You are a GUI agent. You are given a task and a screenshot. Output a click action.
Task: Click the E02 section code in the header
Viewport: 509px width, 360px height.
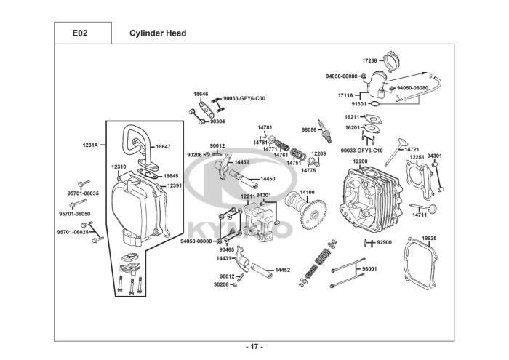coord(80,33)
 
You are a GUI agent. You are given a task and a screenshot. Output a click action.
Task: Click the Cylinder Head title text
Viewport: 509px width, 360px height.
coord(158,33)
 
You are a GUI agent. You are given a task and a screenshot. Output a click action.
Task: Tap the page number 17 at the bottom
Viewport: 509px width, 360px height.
coord(254,347)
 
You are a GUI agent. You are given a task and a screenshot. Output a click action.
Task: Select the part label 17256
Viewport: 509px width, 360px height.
coord(369,60)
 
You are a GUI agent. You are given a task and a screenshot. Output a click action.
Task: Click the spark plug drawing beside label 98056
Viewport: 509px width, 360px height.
coord(326,132)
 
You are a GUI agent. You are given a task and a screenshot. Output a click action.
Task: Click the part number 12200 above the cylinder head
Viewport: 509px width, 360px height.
coord(360,161)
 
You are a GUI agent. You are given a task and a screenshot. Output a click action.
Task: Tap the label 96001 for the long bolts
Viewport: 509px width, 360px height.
coord(369,269)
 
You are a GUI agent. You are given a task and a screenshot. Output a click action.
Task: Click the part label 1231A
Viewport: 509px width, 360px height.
coord(90,145)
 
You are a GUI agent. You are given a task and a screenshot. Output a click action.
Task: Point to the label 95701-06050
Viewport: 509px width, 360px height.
coord(75,214)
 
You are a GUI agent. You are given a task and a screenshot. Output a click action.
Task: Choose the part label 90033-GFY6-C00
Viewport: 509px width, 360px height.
coord(244,98)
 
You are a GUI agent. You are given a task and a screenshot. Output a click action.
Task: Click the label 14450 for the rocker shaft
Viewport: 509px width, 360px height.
coord(268,179)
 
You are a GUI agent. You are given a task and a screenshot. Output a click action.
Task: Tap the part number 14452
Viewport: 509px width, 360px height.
coord(283,270)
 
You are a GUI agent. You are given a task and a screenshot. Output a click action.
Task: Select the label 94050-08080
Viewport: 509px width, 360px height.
coord(196,241)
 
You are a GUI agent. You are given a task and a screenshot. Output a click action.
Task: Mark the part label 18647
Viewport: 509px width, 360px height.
coord(163,147)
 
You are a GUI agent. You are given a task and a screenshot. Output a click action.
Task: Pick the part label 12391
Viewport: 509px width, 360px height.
coord(175,185)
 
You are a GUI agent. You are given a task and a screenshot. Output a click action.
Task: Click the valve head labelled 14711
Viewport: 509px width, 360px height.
coord(433,209)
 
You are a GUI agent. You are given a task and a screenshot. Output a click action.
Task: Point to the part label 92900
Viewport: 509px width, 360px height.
coord(384,242)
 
